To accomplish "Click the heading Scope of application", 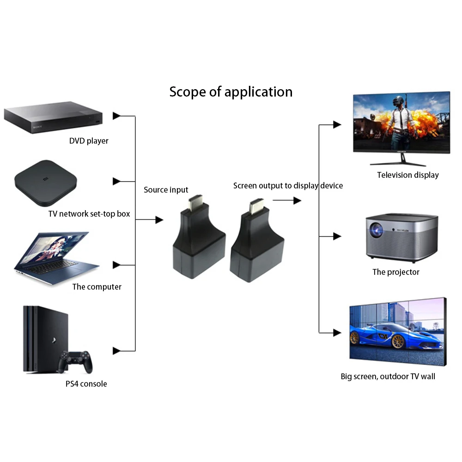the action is [231, 91].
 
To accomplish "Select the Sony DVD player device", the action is [53, 119].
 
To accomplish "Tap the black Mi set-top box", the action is [44, 182].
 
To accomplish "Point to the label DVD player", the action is [89, 140].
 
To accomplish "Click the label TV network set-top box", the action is [89, 214].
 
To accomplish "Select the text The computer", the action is [97, 287].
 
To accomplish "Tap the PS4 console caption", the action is [86, 384].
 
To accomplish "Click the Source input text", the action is [166, 190].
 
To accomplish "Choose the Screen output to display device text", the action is [288, 186].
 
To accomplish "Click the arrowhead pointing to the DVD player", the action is [117, 116].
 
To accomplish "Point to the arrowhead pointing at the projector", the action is [337, 237].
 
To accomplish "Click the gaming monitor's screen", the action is [401, 122].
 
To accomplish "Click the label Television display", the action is [407, 175].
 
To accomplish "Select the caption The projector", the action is [396, 272].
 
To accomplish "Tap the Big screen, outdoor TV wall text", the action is [388, 377].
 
